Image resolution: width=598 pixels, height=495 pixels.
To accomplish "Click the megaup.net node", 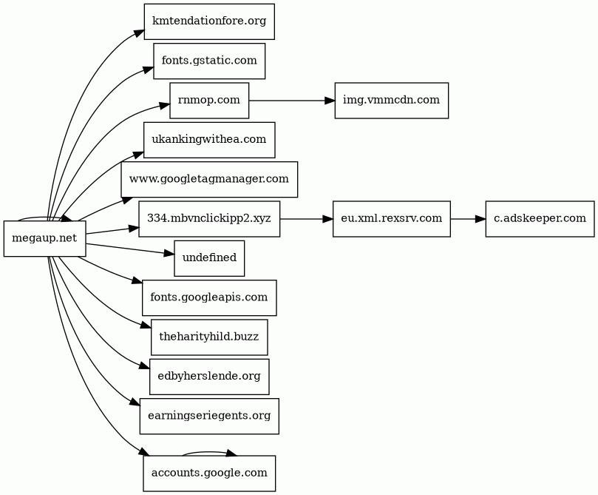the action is tap(44, 238).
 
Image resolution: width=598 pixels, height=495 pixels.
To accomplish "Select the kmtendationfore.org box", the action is tap(209, 21).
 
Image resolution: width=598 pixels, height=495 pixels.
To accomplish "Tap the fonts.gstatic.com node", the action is tap(209, 61).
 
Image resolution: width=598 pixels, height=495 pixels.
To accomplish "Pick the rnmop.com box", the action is tap(209, 101).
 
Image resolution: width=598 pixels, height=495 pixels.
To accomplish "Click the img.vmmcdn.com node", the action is tap(391, 101).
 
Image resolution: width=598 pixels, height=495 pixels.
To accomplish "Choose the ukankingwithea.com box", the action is tap(209, 140).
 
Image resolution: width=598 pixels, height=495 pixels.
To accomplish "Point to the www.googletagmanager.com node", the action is tap(209, 179).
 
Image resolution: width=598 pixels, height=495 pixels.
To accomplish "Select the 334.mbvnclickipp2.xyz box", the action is tap(209, 219).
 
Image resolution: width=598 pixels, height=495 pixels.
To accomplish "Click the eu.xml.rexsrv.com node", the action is tap(391, 219).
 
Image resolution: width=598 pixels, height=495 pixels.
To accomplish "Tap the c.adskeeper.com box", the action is tap(540, 219).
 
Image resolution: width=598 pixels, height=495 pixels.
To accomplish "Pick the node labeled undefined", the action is tap(209, 258).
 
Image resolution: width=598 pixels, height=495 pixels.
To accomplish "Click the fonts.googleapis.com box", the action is tap(209, 297).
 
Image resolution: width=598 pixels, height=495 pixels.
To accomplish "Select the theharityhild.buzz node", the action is tap(209, 337).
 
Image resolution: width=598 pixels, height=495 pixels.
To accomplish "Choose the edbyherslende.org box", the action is tap(209, 377).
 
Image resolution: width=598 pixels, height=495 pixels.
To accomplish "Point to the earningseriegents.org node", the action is tap(209, 416).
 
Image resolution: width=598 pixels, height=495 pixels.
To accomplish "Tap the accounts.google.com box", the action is tap(209, 474).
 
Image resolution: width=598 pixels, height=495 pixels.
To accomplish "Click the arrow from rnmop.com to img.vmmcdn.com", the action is tap(292, 101).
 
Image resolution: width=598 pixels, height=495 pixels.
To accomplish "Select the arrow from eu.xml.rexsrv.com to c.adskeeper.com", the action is tap(468, 219).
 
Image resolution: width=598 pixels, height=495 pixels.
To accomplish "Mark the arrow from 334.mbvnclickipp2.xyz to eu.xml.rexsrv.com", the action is tap(306, 219).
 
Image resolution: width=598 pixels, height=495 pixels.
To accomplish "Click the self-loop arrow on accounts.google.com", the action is tap(209, 452).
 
